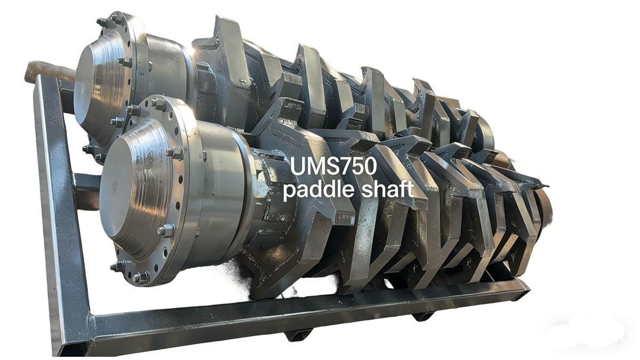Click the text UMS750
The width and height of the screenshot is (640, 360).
coord(333,167)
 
